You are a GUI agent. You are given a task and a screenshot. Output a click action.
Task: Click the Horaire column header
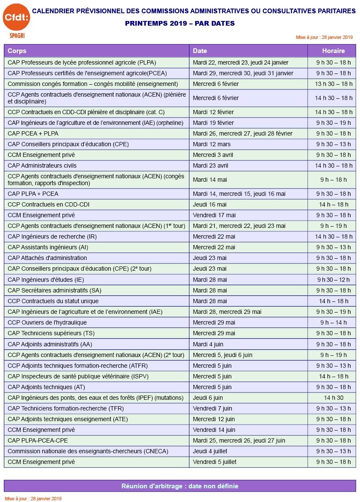click(333, 51)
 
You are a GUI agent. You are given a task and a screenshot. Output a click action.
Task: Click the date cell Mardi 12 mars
click(212, 144)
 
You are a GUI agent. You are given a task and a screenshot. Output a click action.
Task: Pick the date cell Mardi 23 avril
click(212, 165)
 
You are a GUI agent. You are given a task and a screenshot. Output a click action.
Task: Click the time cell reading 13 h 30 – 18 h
click(333, 84)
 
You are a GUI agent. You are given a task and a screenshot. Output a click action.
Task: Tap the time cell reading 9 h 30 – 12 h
click(333, 280)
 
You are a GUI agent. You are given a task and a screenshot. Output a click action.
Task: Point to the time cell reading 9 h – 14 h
click(333, 322)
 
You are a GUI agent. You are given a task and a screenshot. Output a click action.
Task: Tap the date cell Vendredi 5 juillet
click(215, 462)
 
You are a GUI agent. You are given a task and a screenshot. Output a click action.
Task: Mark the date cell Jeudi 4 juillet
click(210, 451)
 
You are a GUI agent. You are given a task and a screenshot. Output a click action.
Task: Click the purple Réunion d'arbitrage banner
click(180, 486)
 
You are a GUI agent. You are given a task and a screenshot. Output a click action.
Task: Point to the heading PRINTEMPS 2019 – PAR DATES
click(180, 24)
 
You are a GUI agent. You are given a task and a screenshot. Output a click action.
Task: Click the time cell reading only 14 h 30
click(333, 398)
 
